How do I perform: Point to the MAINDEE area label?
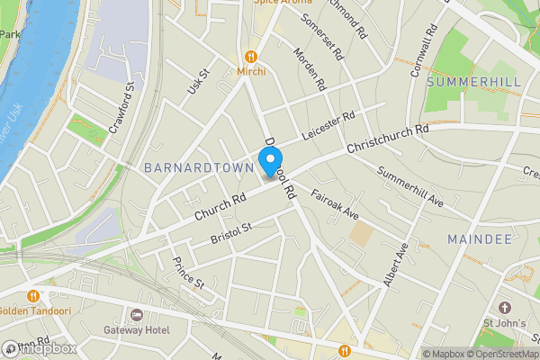click(x=480, y=238)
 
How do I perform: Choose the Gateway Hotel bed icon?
click(x=137, y=314)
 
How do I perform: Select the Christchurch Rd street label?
click(x=386, y=139)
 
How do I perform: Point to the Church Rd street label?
click(x=220, y=208)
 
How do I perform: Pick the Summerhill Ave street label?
click(x=410, y=184)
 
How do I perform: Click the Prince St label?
click(x=189, y=273)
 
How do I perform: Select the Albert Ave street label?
click(x=396, y=265)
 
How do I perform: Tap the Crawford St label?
click(x=121, y=109)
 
